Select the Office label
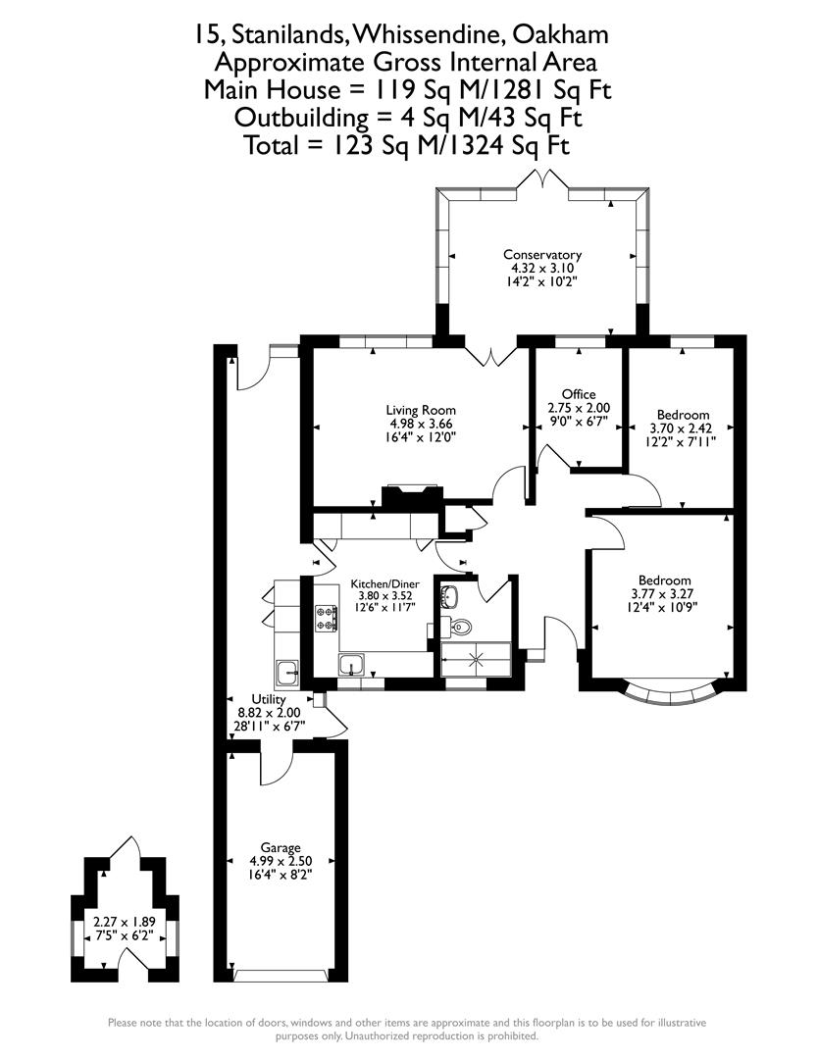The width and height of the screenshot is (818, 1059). tap(579, 394)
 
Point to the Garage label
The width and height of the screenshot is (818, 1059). tap(281, 848)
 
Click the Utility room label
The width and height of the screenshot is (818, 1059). tap(269, 699)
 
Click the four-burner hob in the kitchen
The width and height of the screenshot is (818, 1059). tap(326, 618)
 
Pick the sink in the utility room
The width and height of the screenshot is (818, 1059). tap(287, 672)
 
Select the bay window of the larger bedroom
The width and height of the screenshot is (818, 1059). tap(671, 693)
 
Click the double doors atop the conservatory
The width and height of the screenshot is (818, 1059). tap(542, 180)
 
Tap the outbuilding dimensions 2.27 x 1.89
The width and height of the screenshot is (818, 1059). tap(124, 922)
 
